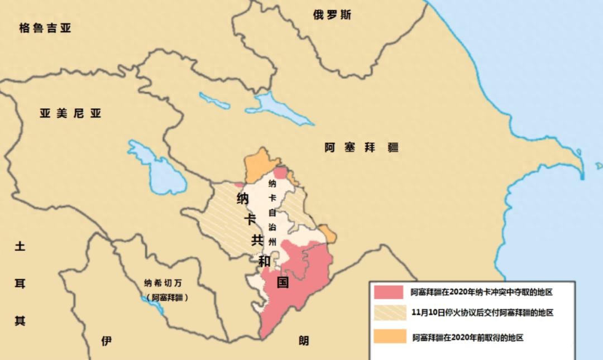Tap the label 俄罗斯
click(x=332, y=15)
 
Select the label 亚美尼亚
click(x=70, y=114)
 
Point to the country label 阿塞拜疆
click(x=362, y=148)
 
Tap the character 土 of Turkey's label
click(x=20, y=247)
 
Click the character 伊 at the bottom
click(x=106, y=341)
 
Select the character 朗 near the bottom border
click(x=303, y=340)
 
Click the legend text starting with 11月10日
click(x=482, y=313)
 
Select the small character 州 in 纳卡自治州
click(x=272, y=242)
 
